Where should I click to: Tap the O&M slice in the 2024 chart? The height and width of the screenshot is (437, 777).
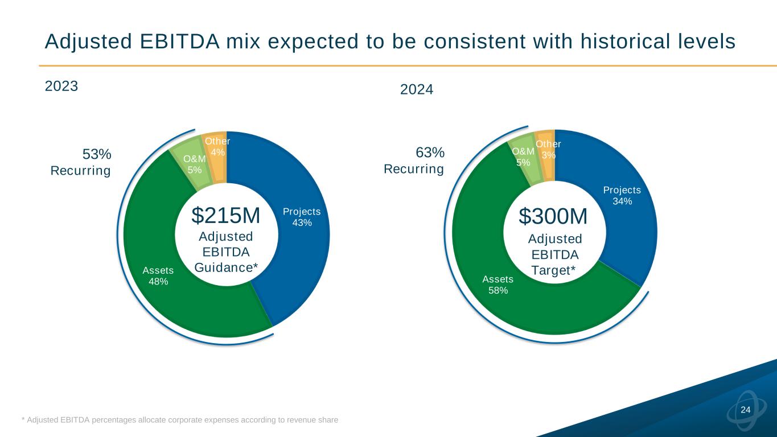(x=523, y=156)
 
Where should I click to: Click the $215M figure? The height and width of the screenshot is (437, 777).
(x=225, y=216)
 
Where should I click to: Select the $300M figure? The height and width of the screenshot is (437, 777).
(x=553, y=217)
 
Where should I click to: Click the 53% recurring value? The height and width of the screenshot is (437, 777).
(x=97, y=154)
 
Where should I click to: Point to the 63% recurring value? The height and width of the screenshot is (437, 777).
(x=430, y=152)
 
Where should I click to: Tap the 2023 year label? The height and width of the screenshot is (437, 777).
(x=61, y=86)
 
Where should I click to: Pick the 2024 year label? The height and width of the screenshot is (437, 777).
(x=417, y=89)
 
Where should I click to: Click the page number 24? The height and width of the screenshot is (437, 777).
(x=745, y=410)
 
